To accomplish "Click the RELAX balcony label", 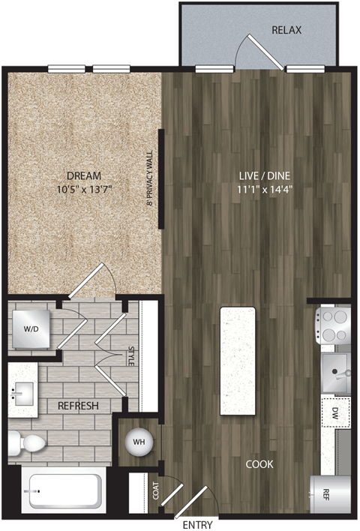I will tap(286, 31).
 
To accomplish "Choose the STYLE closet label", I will tap(130, 355).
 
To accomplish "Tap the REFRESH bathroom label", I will tap(79, 406).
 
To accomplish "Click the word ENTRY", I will tap(199, 524).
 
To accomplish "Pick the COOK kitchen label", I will tap(259, 464).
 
